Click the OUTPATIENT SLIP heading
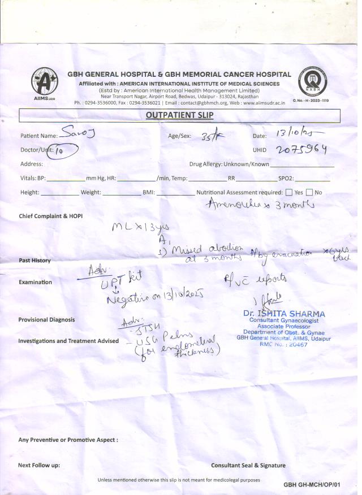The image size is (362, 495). click(x=180, y=116)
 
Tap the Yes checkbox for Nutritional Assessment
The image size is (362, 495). click(x=289, y=192)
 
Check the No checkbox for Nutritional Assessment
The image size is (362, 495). click(x=309, y=192)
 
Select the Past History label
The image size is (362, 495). click(x=35, y=260)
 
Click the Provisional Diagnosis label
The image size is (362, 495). click(x=46, y=319)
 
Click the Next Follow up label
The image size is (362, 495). click(x=39, y=466)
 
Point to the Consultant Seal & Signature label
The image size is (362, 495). click(x=248, y=466)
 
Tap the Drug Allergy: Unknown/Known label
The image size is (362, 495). click(x=229, y=164)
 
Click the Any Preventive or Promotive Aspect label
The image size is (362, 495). click(x=68, y=440)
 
